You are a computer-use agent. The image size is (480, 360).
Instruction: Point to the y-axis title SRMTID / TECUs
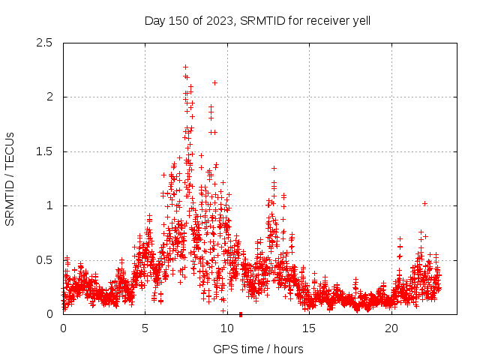click(10, 178)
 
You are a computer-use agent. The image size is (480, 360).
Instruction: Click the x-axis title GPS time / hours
click(258, 349)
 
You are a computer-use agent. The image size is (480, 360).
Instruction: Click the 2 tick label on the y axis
click(50, 97)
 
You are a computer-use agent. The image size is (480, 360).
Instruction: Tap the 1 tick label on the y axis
click(50, 205)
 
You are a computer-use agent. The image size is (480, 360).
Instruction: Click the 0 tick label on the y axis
click(50, 314)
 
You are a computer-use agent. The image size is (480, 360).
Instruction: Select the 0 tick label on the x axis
click(63, 328)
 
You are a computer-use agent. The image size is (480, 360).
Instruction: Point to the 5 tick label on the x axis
click(145, 328)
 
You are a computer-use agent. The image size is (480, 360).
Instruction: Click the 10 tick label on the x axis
click(227, 328)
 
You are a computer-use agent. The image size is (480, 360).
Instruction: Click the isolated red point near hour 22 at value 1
click(424, 203)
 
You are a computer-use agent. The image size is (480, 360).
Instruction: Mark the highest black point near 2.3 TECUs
click(185, 67)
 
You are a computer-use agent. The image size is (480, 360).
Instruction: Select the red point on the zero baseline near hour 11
click(240, 314)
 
